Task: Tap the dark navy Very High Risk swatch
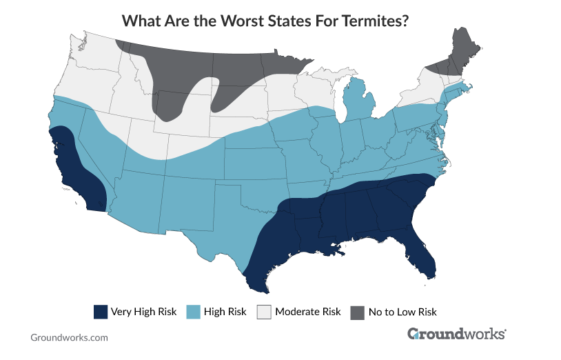pyautogui.click(x=101, y=312)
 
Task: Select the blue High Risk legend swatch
pyautogui.click(x=194, y=312)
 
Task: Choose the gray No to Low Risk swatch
pyautogui.click(x=357, y=312)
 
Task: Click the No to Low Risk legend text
pyautogui.click(x=402, y=312)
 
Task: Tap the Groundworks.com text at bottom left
pyautogui.click(x=69, y=338)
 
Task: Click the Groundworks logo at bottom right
pyautogui.click(x=456, y=334)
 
